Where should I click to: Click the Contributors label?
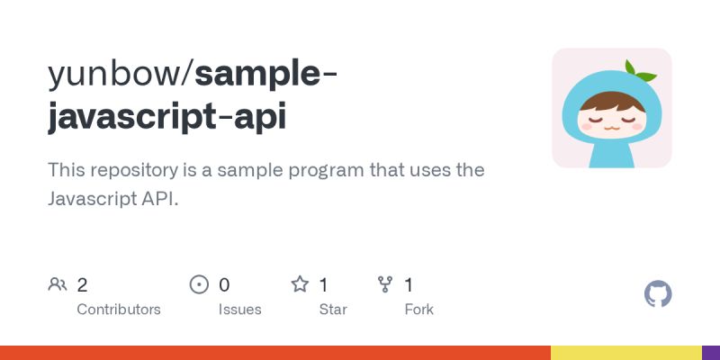coord(119,309)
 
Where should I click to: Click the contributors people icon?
coord(58,285)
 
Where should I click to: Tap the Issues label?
coord(240,309)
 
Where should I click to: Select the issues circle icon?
coord(199,285)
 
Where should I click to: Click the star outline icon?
coord(300,285)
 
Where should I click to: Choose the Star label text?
coord(334,309)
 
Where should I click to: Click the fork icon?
coord(385,285)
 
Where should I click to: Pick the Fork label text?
coord(419,309)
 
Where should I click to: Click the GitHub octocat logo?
coord(659,294)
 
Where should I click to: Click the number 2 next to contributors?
coord(82,285)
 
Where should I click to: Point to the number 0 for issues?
coord(224,285)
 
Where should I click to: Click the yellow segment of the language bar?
coord(625,353)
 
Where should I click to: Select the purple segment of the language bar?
coord(711,353)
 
